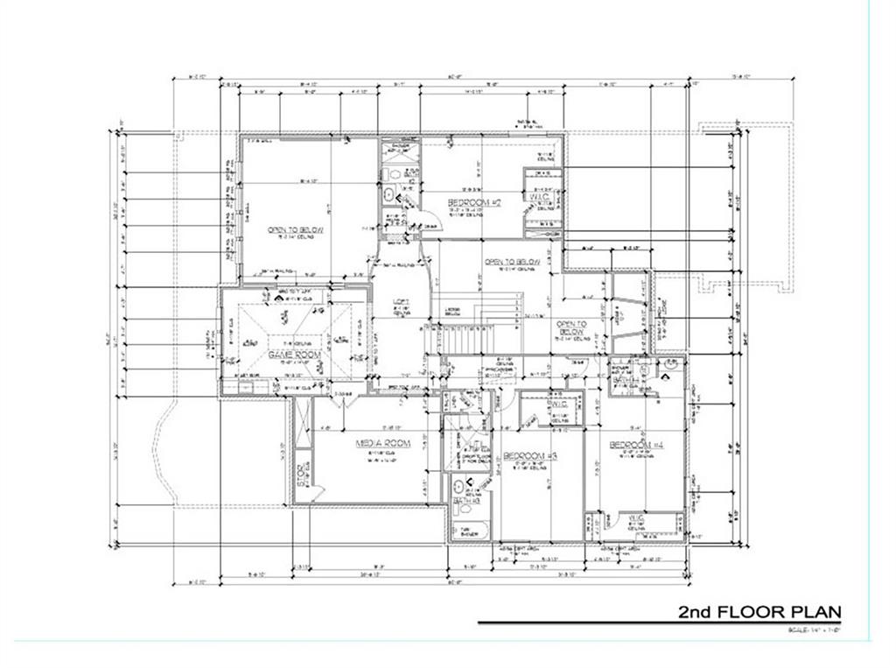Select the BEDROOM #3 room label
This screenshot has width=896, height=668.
[x=530, y=456]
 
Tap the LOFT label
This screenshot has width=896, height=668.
[x=401, y=302]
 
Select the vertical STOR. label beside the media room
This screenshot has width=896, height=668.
[x=300, y=475]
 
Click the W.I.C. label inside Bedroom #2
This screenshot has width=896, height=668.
[x=539, y=197]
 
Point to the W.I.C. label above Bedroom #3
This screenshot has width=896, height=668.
[x=560, y=404]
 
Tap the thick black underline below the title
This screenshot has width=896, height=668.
[x=674, y=622]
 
